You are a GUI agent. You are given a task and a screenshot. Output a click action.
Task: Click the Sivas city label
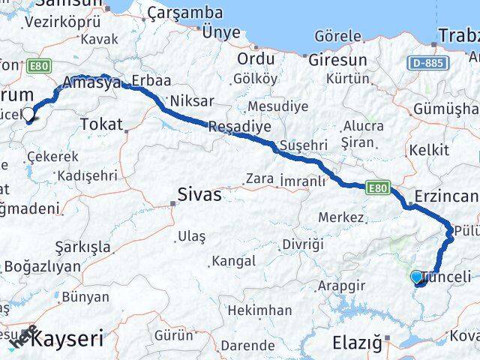(x=199, y=195)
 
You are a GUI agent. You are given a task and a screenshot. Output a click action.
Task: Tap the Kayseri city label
(x=68, y=338)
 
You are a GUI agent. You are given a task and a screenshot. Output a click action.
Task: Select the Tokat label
(x=100, y=124)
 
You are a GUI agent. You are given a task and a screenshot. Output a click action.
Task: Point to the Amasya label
(x=92, y=83)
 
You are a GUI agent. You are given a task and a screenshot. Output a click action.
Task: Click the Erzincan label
(x=451, y=196)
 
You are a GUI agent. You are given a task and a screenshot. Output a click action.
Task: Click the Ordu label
(x=256, y=59)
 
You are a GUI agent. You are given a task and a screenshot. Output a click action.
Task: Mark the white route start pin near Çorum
(x=28, y=115)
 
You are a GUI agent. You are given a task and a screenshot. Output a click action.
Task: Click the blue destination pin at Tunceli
(x=417, y=277)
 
